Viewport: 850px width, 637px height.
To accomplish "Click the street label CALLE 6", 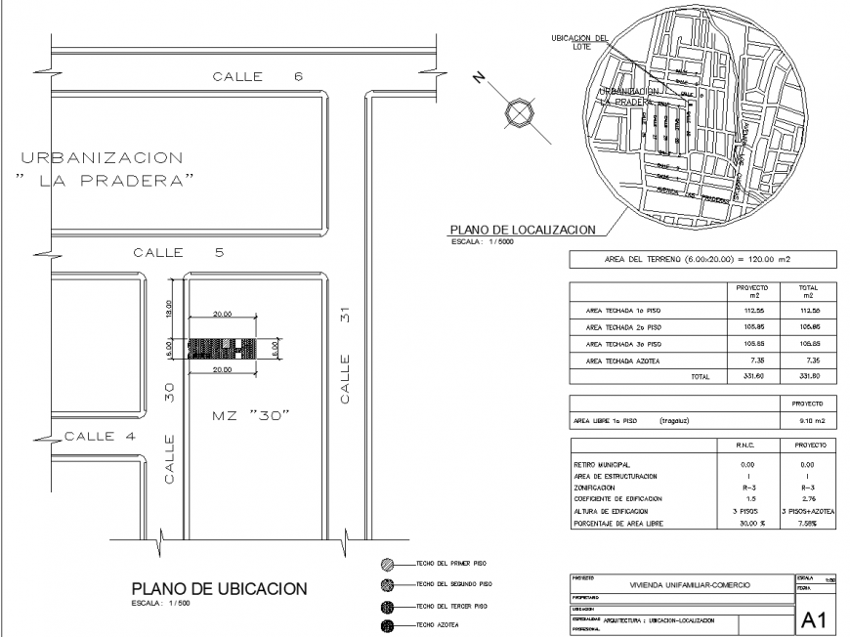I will click(x=258, y=77).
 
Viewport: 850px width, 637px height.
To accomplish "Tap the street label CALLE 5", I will click(x=179, y=253).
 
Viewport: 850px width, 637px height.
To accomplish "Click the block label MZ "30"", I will click(x=253, y=416).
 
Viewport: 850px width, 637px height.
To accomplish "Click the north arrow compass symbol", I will click(x=516, y=114).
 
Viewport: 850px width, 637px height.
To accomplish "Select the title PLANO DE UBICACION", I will click(x=219, y=588).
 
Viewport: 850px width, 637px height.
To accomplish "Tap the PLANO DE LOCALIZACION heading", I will click(x=521, y=230).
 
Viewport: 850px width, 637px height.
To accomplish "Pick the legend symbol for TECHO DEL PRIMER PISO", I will click(x=388, y=565).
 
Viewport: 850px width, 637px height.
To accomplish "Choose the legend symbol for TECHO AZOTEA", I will click(x=388, y=625).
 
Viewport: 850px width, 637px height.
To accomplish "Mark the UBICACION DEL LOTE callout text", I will click(x=577, y=42).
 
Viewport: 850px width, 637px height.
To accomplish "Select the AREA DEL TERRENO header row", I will click(x=702, y=260).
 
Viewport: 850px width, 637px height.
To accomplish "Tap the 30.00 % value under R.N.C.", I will click(x=746, y=521).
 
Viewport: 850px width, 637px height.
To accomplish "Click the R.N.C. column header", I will click(x=746, y=444).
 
